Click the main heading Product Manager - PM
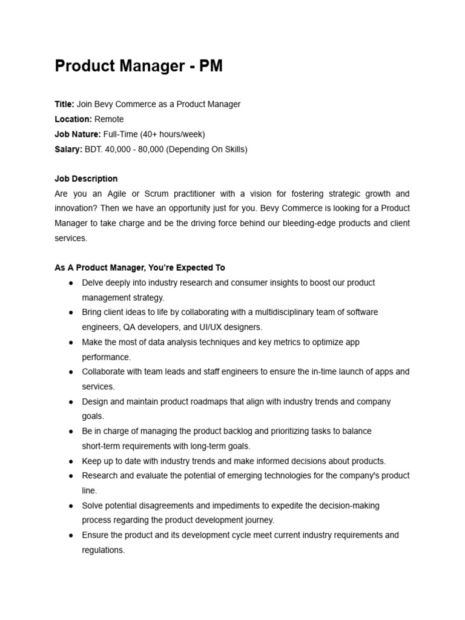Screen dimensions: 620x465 (139, 66)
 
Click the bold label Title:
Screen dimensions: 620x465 (64, 104)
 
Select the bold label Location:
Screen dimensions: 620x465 (73, 119)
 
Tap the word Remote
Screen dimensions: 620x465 (109, 119)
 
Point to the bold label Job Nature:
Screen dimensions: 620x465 (77, 134)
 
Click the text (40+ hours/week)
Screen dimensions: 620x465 (173, 134)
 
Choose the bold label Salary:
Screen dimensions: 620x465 (68, 149)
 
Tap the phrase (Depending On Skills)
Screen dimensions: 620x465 (210, 149)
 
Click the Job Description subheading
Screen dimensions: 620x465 (86, 179)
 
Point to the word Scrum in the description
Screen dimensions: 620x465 (153, 194)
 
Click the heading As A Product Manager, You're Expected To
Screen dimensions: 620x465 (139, 268)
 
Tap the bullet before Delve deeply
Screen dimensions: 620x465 (71, 283)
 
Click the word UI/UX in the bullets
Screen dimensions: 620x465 (208, 327)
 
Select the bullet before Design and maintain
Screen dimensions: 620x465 (71, 401)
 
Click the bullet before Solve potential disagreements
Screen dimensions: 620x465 (71, 506)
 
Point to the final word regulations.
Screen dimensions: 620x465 (103, 550)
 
